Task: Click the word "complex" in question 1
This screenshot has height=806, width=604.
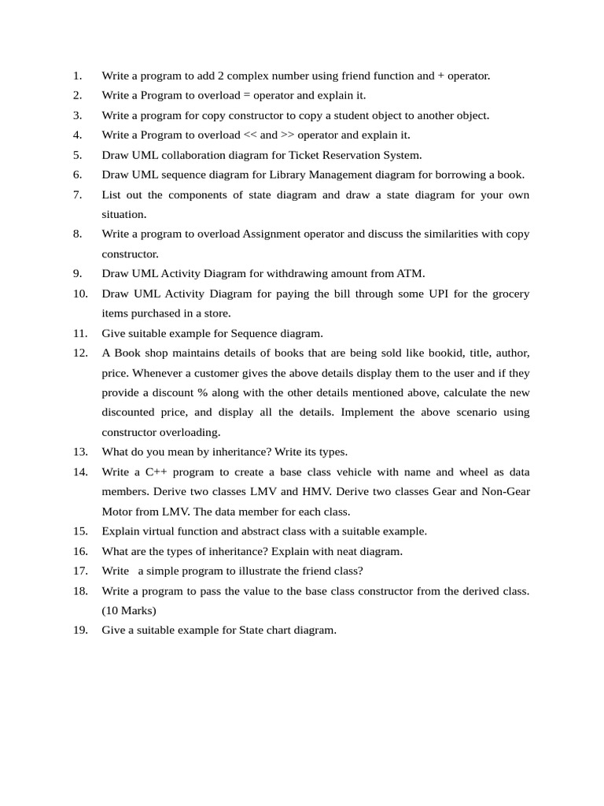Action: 243,76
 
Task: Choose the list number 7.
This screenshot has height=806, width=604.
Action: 77,194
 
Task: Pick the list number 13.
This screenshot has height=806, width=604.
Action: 80,452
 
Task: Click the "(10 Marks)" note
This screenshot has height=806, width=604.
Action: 129,610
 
